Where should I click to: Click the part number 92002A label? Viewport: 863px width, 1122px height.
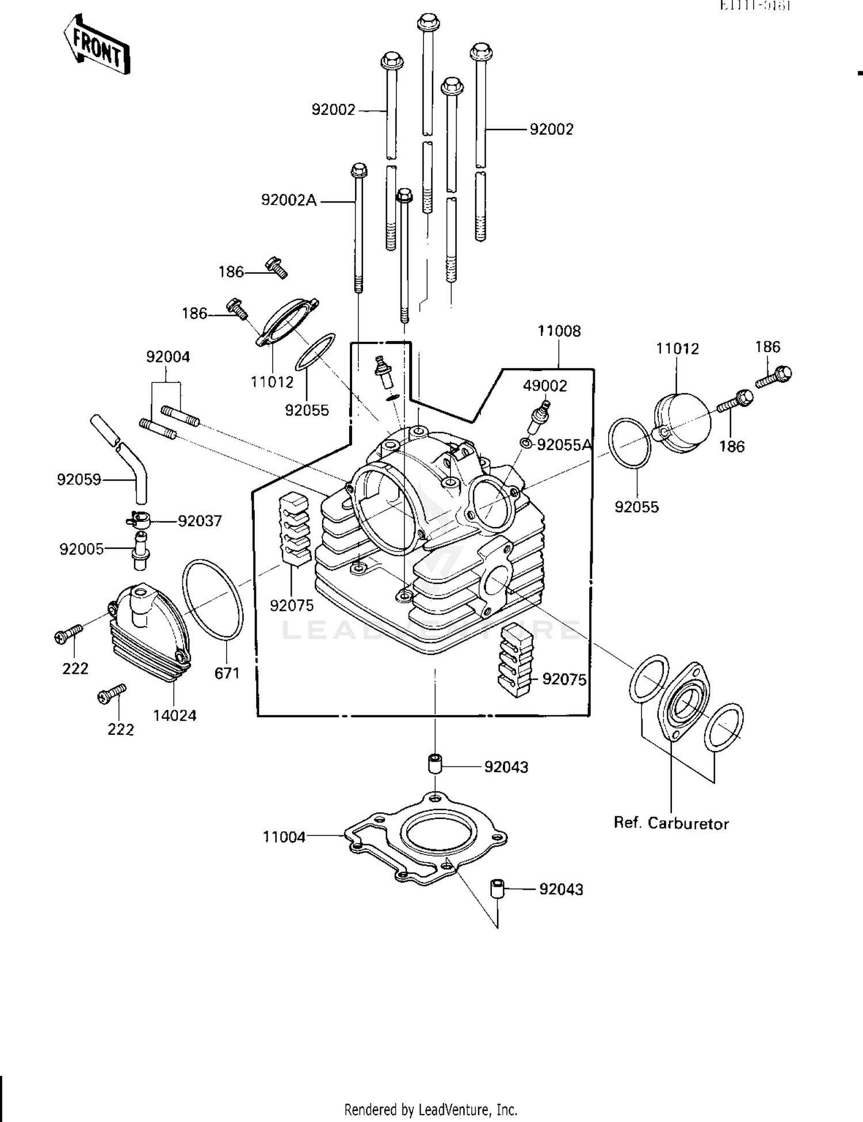(x=289, y=200)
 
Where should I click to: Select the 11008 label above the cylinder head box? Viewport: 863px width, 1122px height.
(x=559, y=331)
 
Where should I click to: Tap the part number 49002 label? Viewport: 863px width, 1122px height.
(x=544, y=386)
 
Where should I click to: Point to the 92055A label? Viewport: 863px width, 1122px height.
(x=563, y=445)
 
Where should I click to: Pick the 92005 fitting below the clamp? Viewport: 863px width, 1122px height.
(x=140, y=551)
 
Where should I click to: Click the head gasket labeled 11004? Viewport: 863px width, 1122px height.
(x=426, y=837)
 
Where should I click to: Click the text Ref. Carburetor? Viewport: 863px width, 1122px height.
(x=671, y=823)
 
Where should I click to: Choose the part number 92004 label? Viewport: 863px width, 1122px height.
(x=168, y=357)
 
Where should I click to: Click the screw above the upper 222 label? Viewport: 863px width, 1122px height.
(x=68, y=633)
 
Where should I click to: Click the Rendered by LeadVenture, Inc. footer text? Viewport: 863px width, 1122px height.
(x=430, y=1109)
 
